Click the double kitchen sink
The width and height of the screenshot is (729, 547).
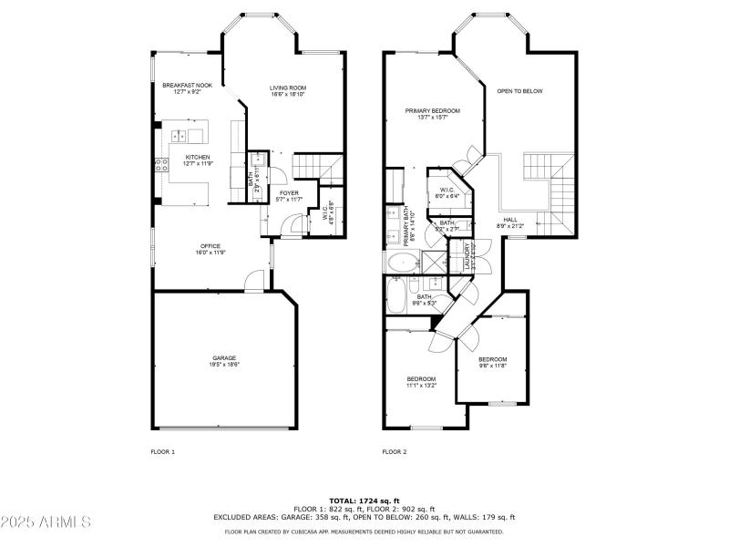tap(178, 136)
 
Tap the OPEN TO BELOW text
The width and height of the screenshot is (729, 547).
tap(520, 91)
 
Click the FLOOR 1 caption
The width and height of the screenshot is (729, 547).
tap(162, 451)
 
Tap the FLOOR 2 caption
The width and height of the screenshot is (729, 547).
tap(394, 451)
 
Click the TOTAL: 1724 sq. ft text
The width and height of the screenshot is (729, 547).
tap(364, 501)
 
